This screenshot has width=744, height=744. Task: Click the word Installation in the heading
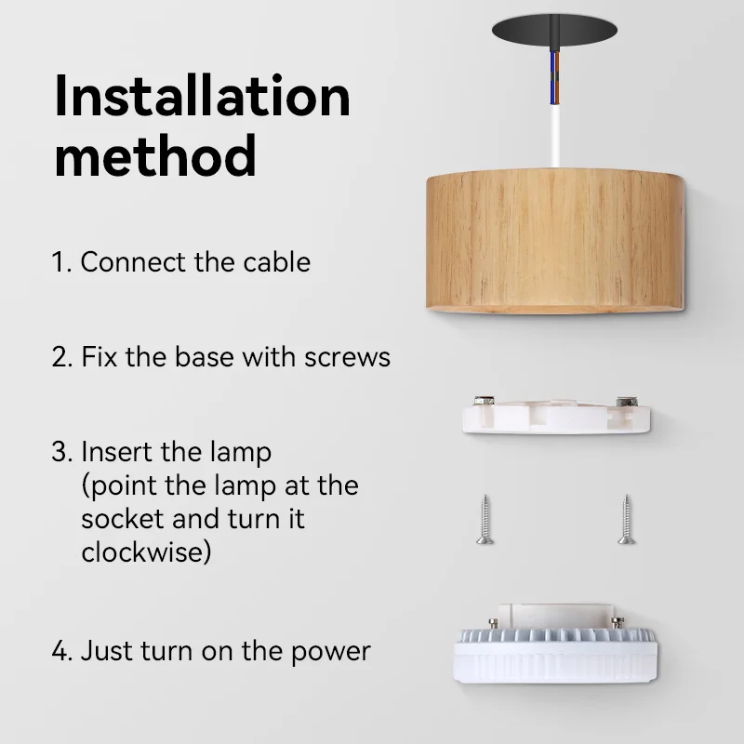(202, 96)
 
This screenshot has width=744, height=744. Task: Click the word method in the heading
(154, 156)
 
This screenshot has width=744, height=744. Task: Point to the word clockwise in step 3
(146, 551)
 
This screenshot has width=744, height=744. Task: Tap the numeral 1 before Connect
(59, 262)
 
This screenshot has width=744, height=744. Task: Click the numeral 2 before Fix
(60, 357)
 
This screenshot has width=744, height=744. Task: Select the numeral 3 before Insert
(60, 453)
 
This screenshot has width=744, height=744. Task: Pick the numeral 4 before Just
(60, 651)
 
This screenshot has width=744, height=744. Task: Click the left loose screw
(484, 519)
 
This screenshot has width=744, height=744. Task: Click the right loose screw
(625, 519)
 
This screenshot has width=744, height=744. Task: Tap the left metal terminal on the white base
(484, 402)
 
